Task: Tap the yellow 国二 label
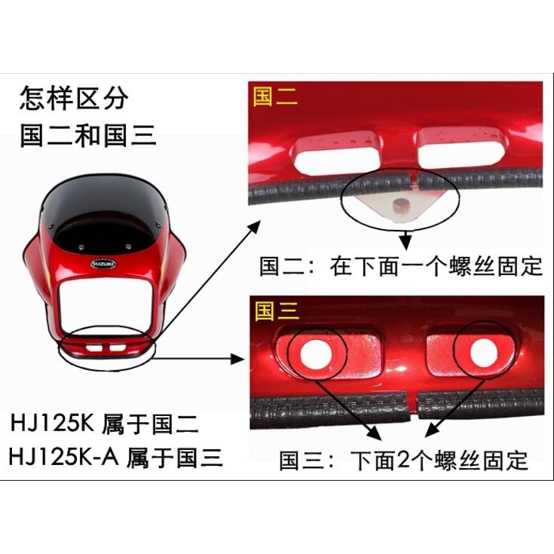click(276, 96)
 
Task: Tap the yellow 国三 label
click(277, 310)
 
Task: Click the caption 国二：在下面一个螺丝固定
click(401, 267)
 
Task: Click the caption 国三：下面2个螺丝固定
click(403, 460)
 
